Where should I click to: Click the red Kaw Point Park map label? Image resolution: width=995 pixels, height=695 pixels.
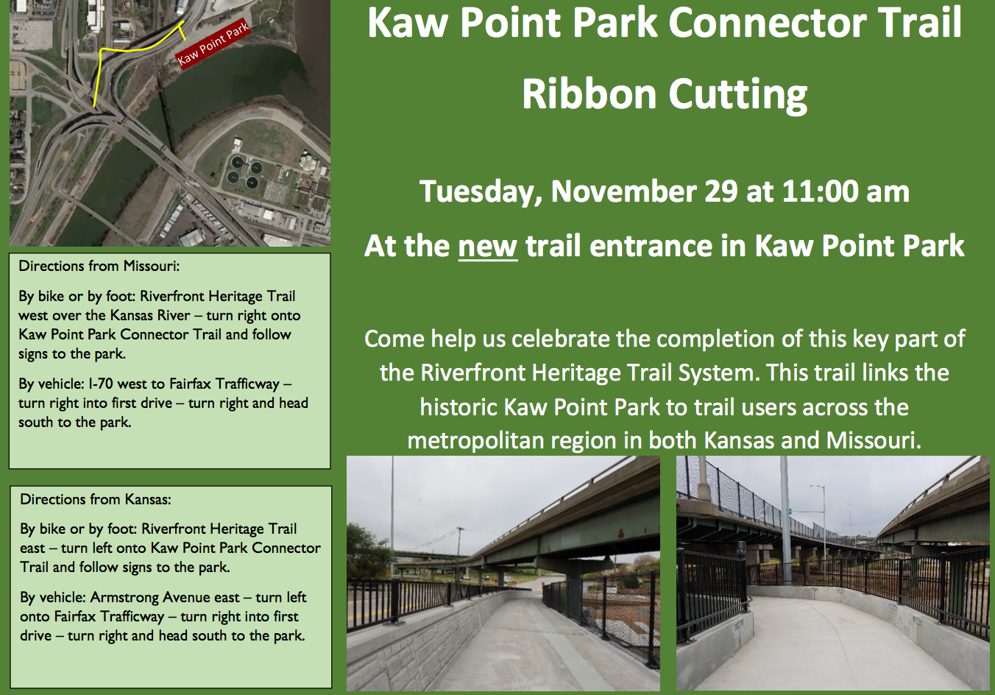click(x=213, y=45)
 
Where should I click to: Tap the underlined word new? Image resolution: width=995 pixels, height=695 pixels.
click(x=488, y=246)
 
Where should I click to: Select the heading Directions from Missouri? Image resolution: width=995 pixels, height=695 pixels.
click(x=99, y=266)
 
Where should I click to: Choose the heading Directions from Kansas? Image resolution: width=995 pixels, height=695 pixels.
click(x=96, y=499)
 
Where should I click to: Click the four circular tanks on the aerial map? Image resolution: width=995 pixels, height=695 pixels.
click(x=243, y=172)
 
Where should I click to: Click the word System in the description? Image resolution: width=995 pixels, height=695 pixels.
click(x=715, y=373)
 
